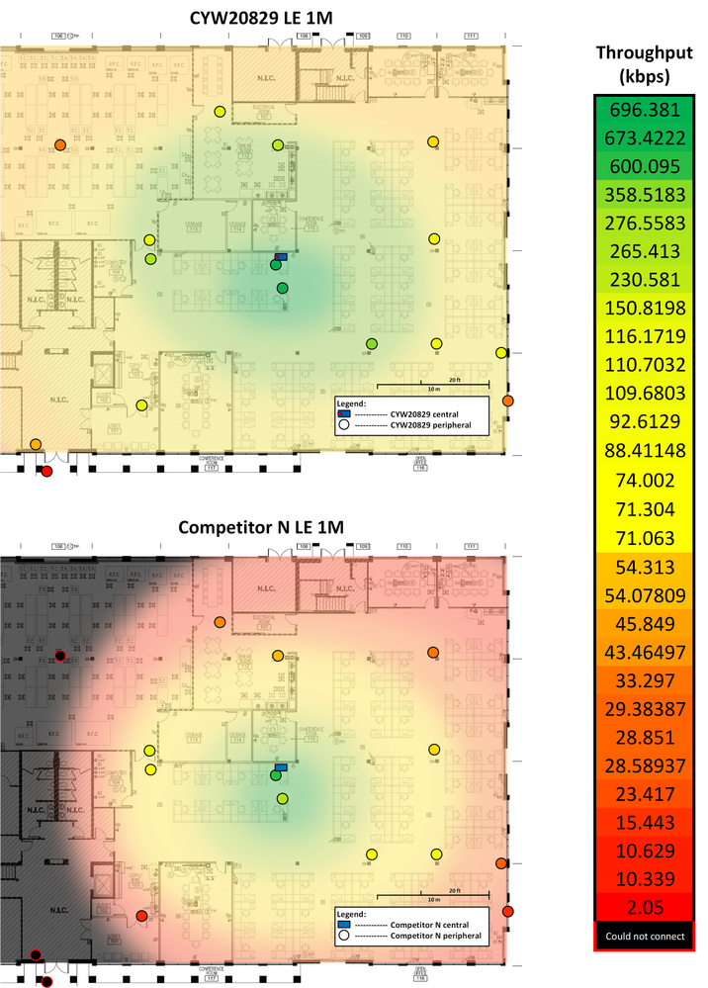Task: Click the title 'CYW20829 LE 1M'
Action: (262, 17)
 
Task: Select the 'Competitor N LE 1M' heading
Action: (261, 528)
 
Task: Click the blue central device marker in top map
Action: (281, 256)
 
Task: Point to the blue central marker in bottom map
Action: (281, 767)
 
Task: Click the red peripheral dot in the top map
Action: (45, 471)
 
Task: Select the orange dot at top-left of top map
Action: (60, 144)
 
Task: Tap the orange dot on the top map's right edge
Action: (508, 401)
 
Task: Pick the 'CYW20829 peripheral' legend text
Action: (430, 424)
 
